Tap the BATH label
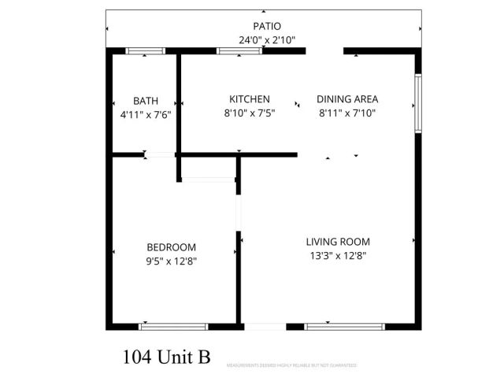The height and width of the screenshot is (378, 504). click(145, 101)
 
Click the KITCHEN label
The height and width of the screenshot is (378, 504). click(250, 99)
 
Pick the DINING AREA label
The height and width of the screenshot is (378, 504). click(347, 99)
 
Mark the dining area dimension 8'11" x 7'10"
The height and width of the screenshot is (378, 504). click(348, 113)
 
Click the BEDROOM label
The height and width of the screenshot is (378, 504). click(171, 247)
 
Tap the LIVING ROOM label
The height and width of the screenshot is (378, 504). click(338, 242)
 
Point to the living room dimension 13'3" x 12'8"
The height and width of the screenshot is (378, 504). click(337, 255)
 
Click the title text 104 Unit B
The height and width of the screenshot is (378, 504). click(167, 358)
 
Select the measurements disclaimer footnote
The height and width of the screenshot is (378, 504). click(291, 365)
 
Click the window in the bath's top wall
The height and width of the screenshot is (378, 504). click(146, 51)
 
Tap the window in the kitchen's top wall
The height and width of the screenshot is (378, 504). click(240, 51)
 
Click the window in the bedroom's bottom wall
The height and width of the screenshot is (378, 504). click(174, 325)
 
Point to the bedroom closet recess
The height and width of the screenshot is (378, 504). click(209, 169)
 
